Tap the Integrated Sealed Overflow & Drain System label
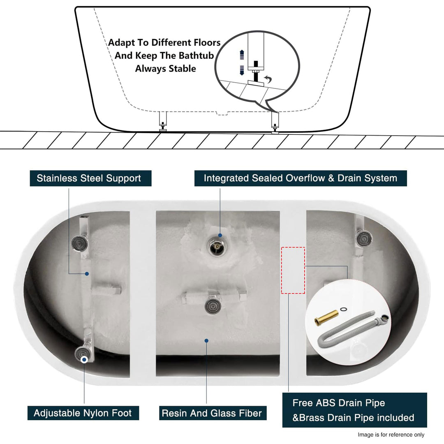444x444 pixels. [301, 178]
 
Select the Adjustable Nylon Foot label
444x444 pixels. [83, 413]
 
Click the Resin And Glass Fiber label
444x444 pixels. [212, 413]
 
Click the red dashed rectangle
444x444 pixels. [293, 270]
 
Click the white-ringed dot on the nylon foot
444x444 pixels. [84, 359]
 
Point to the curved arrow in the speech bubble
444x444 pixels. [269, 79]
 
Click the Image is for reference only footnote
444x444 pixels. [391, 435]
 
